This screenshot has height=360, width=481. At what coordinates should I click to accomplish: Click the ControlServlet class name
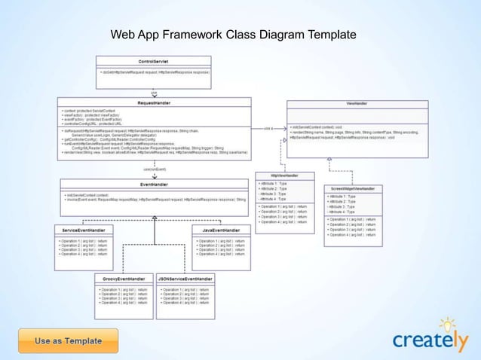click(154, 60)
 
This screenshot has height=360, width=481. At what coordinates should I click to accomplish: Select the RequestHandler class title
click(152, 102)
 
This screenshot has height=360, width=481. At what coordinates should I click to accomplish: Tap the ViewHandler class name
click(356, 104)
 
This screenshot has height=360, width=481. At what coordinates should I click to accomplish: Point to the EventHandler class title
click(155, 183)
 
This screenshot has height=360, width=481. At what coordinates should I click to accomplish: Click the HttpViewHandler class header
click(285, 175)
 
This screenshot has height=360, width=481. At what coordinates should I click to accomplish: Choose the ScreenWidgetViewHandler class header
click(354, 190)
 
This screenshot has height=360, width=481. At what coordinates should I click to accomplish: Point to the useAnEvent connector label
click(155, 169)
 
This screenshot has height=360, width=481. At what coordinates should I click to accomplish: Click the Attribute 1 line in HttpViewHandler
click(273, 183)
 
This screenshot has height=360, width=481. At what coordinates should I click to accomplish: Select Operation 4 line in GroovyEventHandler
click(124, 303)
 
